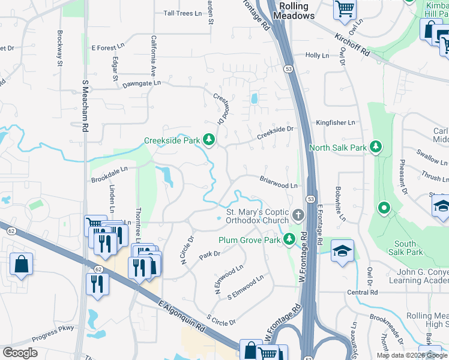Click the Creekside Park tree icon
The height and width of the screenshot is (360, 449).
(209, 140)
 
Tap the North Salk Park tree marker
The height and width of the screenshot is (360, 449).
(376, 146)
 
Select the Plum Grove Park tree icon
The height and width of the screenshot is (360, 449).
(289, 239)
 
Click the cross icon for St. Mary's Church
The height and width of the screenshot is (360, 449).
(298, 214)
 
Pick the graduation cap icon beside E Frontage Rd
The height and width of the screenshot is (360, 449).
(342, 250)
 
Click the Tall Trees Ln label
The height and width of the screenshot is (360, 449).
(182, 13)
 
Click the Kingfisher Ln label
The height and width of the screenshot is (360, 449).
(336, 122)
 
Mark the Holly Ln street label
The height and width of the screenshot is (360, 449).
(317, 55)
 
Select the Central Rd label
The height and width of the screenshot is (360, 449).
(362, 292)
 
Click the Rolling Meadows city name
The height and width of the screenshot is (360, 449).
(294, 11)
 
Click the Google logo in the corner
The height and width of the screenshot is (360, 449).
(20, 352)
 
